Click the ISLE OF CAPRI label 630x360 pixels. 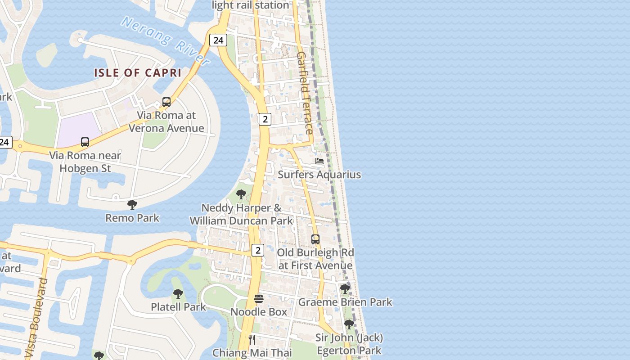pyautogui.click(x=138, y=72)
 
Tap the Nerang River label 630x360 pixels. pyautogui.click(x=166, y=40)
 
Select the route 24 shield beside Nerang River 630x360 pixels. pyautogui.click(x=218, y=40)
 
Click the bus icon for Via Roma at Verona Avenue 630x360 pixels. pyautogui.click(x=166, y=102)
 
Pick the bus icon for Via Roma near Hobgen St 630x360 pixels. pyautogui.click(x=85, y=142)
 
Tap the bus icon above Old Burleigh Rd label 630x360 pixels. pyautogui.click(x=315, y=239)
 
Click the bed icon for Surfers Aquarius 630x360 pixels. pyautogui.click(x=319, y=161)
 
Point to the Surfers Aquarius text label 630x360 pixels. pyautogui.click(x=319, y=175)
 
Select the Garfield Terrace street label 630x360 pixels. pyautogui.click(x=305, y=93)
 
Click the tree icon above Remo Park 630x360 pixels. pyautogui.click(x=132, y=205)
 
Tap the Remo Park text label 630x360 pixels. pyautogui.click(x=132, y=218)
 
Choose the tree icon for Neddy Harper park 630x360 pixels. pyautogui.click(x=241, y=194)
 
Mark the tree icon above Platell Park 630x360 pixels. pyautogui.click(x=178, y=294)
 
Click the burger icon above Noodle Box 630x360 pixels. pyautogui.click(x=259, y=299)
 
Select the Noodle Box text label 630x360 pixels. pyautogui.click(x=259, y=312)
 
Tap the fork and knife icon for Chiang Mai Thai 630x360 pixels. pyautogui.click(x=252, y=339)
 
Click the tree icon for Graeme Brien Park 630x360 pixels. pyautogui.click(x=345, y=289)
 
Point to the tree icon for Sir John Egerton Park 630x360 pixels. pyautogui.click(x=349, y=324)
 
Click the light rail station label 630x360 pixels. pyautogui.click(x=250, y=5)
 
